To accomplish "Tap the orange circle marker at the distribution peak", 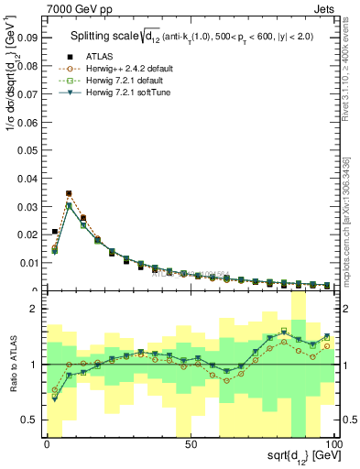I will (x=69, y=193).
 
